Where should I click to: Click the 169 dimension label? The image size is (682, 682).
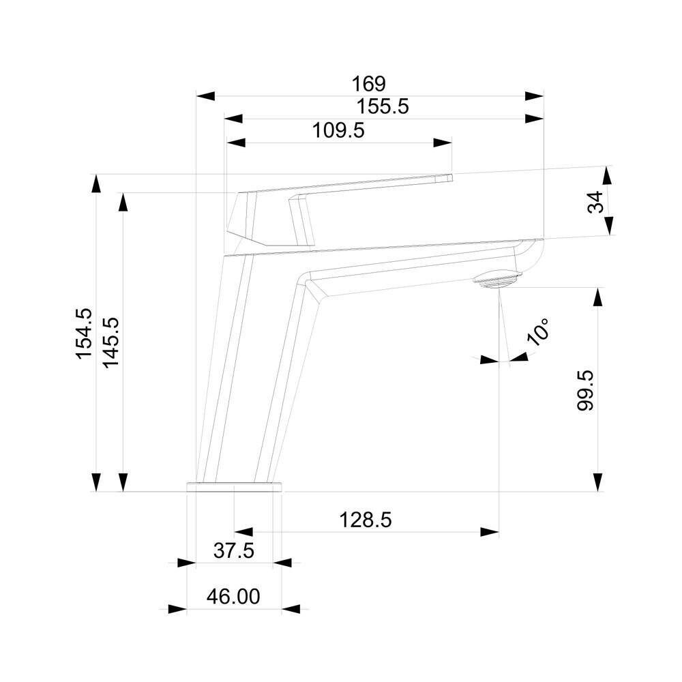coord(368,83)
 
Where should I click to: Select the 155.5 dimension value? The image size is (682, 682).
coord(383,106)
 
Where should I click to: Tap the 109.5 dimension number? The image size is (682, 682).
coord(338,130)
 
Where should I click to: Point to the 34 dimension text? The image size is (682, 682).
coord(595,202)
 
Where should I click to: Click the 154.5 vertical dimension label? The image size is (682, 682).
coord(84,333)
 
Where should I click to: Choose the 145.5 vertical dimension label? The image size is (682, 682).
coord(110,342)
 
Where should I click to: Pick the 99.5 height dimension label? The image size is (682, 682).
coord(585,390)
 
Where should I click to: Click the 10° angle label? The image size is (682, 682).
coord(538,331)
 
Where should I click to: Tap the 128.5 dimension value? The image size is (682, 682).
coord(366,520)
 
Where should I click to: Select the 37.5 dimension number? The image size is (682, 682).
coord(233,551)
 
